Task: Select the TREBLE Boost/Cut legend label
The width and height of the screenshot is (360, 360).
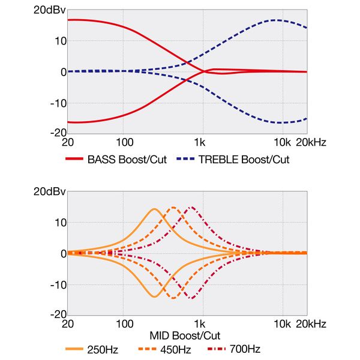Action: point(244,160)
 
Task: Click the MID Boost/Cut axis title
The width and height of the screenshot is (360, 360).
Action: point(186,335)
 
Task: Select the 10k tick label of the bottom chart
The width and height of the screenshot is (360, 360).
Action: point(281,325)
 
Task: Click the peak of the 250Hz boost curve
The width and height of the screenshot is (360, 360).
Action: point(154,209)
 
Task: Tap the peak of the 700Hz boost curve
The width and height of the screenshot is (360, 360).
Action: point(191,207)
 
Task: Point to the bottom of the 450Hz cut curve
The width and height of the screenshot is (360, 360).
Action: point(173,298)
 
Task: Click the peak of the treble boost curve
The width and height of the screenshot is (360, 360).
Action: point(275,20)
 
